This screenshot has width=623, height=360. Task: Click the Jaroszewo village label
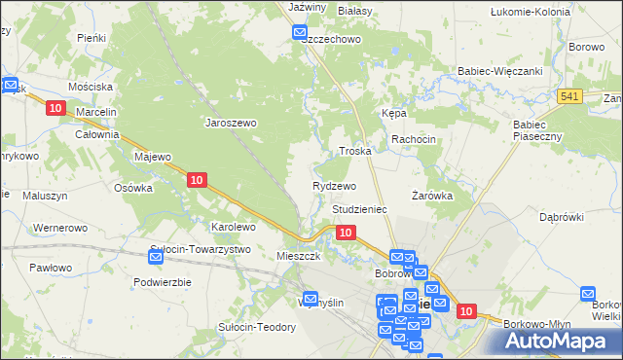(x=230, y=124)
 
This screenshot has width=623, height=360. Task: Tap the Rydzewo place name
(x=334, y=186)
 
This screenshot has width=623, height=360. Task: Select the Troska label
(x=354, y=152)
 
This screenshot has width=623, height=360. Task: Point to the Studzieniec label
(x=360, y=209)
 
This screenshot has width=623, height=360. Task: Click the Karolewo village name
(x=234, y=227)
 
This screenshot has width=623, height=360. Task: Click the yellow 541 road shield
(x=570, y=95)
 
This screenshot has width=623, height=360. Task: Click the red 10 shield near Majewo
(x=197, y=179)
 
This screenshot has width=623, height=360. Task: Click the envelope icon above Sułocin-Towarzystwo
(x=157, y=257)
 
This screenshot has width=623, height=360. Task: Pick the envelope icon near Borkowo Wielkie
(x=588, y=293)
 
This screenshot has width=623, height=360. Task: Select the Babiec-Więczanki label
(x=499, y=71)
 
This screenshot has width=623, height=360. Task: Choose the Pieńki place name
(x=92, y=37)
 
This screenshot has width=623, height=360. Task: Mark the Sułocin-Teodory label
(x=257, y=327)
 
